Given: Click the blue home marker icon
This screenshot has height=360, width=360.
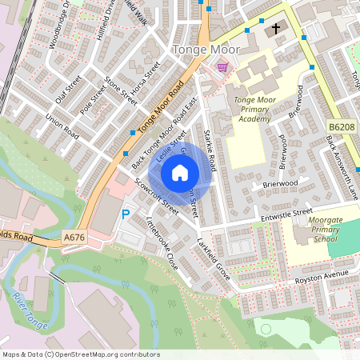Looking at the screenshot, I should point(180,172).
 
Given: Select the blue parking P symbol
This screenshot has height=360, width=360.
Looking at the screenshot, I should point(125,214).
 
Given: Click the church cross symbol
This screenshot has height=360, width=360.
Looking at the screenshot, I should point(276,29).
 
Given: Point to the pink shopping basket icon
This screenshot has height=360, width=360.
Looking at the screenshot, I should point(222,67).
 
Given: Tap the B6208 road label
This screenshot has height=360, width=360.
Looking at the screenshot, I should point(341,126).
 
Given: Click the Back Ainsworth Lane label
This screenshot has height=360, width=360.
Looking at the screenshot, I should point(342,163).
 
